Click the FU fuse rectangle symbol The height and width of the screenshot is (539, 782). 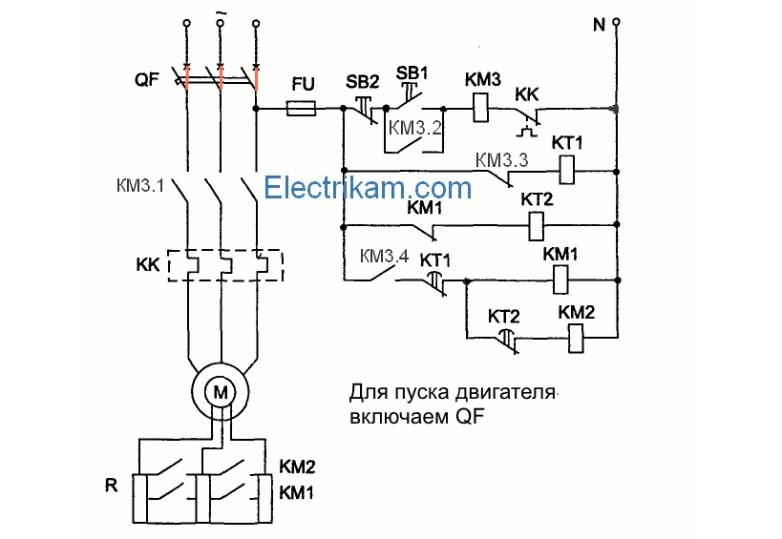coord(303,110)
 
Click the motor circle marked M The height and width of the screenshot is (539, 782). coord(221,391)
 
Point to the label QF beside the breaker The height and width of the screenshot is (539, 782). coord(147,81)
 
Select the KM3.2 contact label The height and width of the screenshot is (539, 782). coord(416,128)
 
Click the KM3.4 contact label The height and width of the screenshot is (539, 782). coord(385,257)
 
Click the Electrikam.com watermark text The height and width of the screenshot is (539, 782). coord(368,187)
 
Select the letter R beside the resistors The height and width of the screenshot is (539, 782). coord(112,485)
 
